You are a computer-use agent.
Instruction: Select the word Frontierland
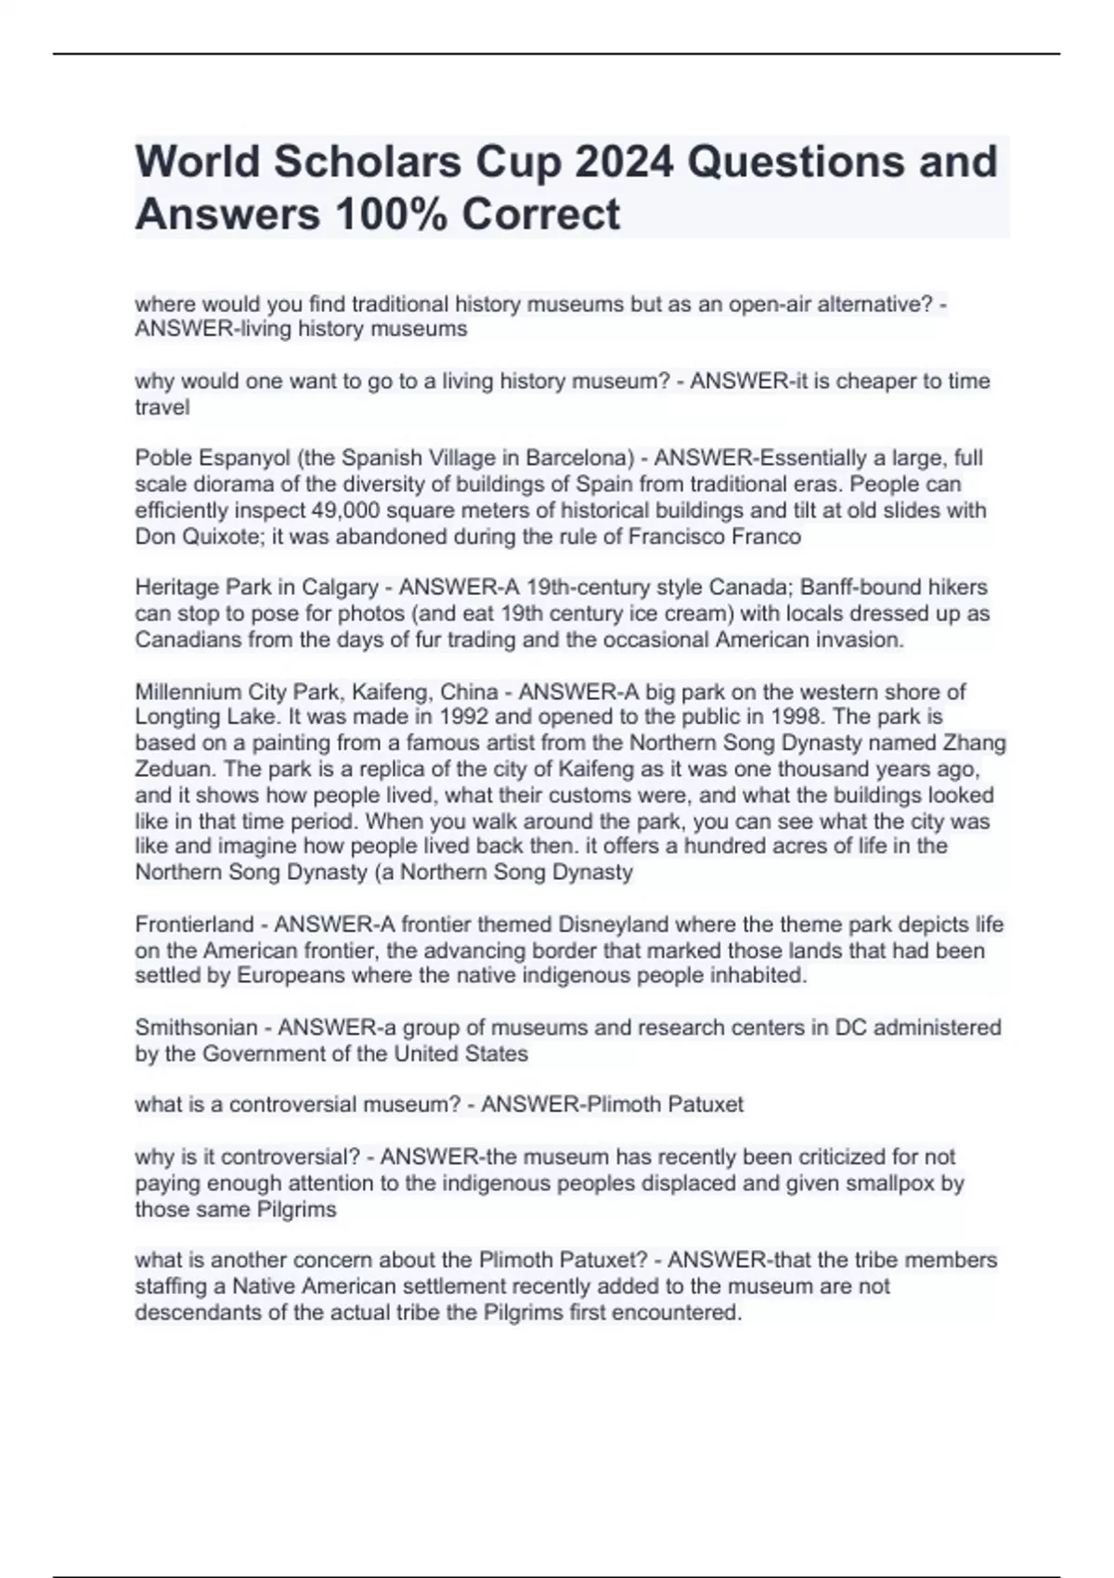point(194,925)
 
